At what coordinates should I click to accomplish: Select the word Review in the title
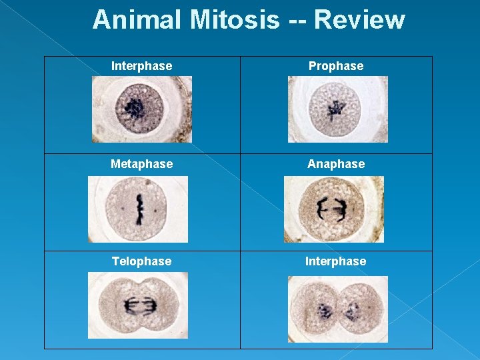tap(359, 20)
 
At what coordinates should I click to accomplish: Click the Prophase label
tap(336, 66)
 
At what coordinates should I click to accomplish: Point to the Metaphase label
tap(141, 163)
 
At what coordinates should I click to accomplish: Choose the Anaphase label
tap(336, 163)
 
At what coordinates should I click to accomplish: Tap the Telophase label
tap(141, 261)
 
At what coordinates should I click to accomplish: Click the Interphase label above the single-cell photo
tap(141, 66)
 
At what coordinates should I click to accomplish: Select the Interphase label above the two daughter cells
tap(335, 261)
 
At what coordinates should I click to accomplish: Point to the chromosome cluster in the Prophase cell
tap(335, 108)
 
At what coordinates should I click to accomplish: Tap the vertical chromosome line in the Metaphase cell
tap(139, 208)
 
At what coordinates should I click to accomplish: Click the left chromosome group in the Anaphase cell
tap(322, 209)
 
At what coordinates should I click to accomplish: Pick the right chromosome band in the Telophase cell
tap(149, 306)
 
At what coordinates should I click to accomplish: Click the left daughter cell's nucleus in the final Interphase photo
tap(325, 310)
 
